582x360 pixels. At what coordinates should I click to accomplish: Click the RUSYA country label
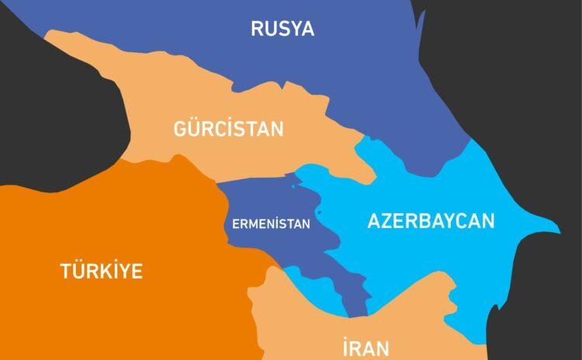(x=282, y=29)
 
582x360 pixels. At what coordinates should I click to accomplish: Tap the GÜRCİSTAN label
(x=228, y=129)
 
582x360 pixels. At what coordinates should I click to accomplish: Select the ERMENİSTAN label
(x=271, y=224)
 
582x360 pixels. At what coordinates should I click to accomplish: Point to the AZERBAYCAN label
(x=431, y=220)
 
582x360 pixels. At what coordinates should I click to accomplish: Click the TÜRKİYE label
(x=102, y=271)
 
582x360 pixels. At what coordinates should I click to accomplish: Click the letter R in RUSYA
(x=257, y=29)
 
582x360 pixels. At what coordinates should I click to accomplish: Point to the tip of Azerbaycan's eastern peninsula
(x=557, y=230)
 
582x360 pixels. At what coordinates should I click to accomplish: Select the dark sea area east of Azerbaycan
(x=543, y=295)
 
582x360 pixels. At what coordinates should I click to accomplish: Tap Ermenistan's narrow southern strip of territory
(x=357, y=299)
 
